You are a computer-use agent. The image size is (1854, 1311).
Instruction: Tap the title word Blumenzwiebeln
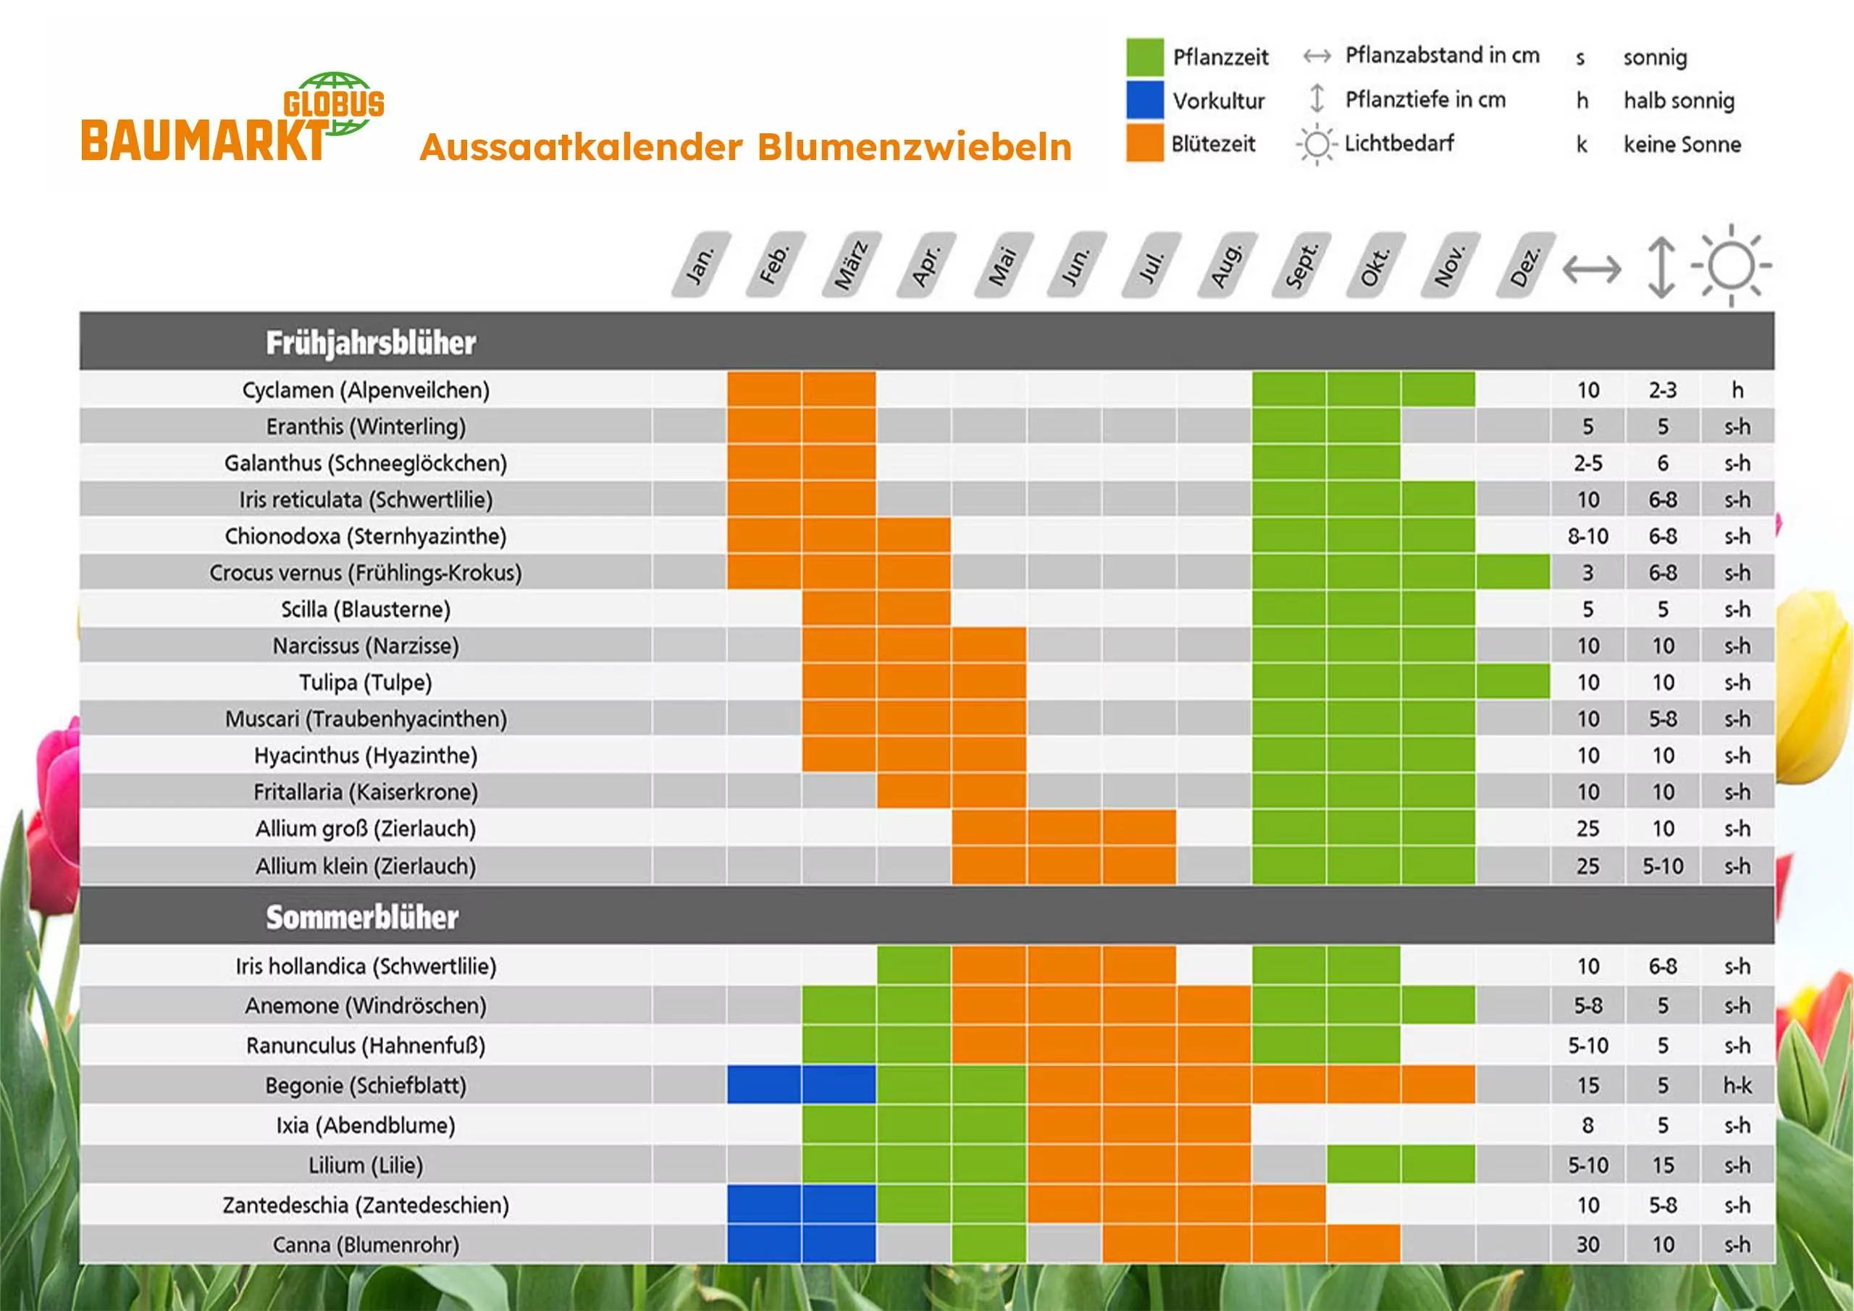[x=914, y=148]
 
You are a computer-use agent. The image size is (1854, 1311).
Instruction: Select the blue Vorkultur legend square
[x=1144, y=100]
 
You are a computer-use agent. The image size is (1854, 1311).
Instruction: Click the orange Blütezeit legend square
[x=1144, y=143]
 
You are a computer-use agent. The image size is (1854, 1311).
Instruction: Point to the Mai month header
[x=1003, y=265]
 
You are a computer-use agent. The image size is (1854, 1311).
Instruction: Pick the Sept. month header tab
[x=1301, y=265]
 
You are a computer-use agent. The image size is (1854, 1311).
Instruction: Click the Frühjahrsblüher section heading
[x=371, y=343]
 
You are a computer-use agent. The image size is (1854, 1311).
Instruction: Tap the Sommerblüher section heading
[x=363, y=917]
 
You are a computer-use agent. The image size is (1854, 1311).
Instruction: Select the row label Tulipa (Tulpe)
[x=365, y=682]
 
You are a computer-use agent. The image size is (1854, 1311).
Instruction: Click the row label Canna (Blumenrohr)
[x=366, y=1245]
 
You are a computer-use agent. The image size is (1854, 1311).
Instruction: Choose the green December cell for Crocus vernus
[x=1512, y=572]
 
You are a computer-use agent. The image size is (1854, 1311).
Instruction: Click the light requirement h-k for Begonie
[x=1737, y=1085]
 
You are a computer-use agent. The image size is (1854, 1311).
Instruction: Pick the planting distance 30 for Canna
[x=1587, y=1245]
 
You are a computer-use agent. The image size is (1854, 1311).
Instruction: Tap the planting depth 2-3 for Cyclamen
[x=1663, y=390]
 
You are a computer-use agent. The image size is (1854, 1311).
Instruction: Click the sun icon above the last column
[x=1732, y=265]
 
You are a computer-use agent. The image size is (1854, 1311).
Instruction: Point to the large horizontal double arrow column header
[x=1592, y=269]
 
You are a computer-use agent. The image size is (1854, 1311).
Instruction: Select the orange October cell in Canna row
[x=1363, y=1245]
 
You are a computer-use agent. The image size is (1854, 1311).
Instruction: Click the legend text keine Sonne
[x=1682, y=145]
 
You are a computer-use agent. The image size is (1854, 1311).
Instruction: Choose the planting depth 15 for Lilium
[x=1663, y=1165]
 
